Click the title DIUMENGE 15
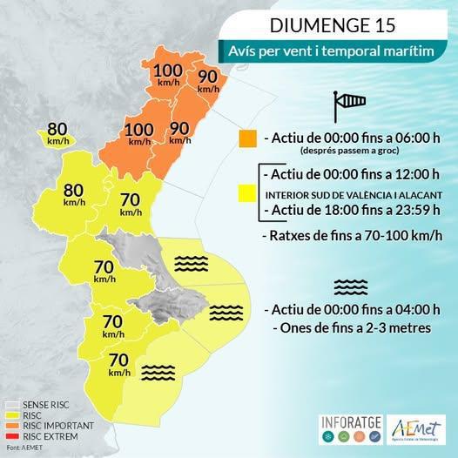click(x=338, y=24)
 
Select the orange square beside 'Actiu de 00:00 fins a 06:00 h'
click(x=247, y=138)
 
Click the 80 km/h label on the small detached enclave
click(x=57, y=132)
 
